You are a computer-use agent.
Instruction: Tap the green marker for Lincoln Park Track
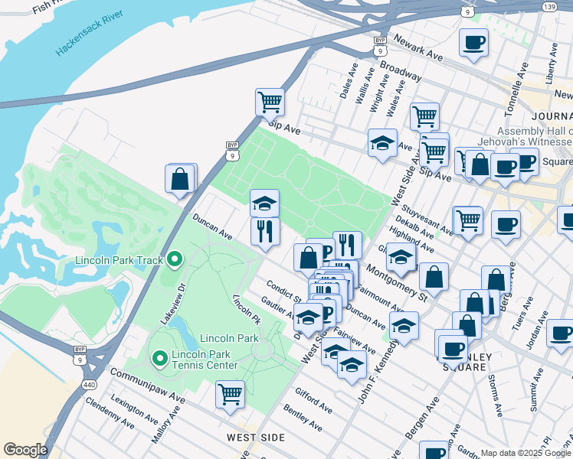point(175,260)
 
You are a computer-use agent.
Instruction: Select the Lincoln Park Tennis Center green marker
point(159,357)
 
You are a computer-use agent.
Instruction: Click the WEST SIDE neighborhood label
point(256,438)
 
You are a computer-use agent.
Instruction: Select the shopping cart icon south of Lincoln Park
point(230,394)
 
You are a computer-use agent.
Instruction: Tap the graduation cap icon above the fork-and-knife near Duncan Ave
point(264,203)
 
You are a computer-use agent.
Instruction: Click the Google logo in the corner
point(25,450)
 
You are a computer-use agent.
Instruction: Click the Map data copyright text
point(526,453)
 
